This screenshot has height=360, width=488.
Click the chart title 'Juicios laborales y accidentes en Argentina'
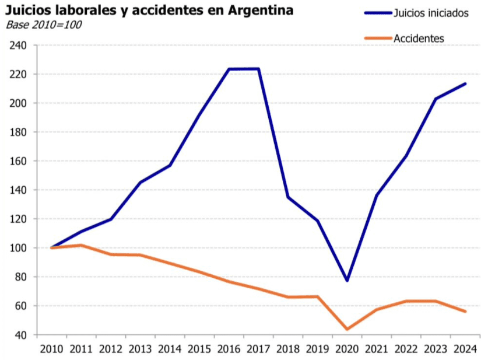149,11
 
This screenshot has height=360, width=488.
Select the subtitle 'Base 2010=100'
44,25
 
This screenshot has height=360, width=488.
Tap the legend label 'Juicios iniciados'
431,13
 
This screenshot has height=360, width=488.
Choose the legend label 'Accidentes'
419,39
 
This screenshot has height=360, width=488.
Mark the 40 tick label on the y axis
22,335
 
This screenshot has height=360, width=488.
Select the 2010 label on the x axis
51,349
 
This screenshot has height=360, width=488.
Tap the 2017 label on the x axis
258,349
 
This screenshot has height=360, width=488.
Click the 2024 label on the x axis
465,349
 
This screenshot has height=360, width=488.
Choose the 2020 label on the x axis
347,349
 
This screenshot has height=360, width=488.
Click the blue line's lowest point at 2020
347,281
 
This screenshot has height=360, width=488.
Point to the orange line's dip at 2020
347,329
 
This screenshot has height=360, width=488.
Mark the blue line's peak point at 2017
258,69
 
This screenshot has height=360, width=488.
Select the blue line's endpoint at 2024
465,83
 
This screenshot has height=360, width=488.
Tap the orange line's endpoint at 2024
465,312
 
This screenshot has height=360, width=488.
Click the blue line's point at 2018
288,197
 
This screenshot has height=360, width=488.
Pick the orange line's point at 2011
81,245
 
